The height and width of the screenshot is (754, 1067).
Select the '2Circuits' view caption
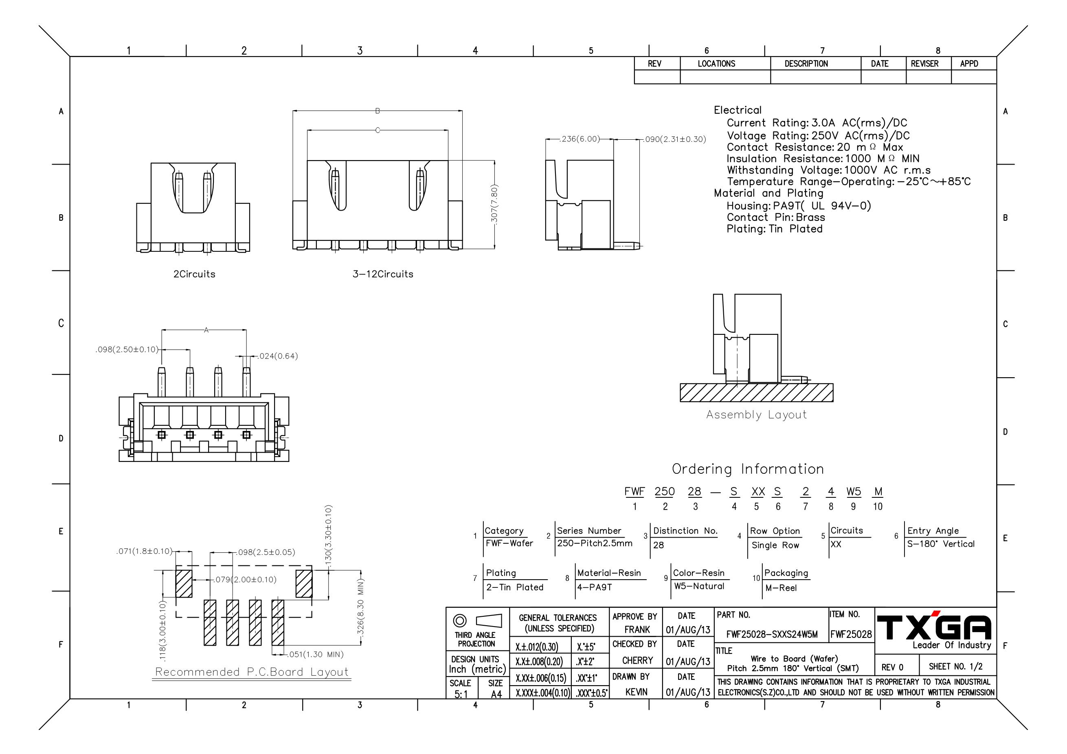(194, 274)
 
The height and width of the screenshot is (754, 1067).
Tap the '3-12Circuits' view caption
(382, 274)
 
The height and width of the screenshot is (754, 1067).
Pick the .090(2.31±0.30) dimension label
(675, 139)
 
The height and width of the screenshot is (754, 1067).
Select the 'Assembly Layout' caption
(756, 415)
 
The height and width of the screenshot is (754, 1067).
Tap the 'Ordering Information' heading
(748, 469)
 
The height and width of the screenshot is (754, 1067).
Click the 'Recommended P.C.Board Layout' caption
(251, 672)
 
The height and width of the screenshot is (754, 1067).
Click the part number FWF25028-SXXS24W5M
(772, 634)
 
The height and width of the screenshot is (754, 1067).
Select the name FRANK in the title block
(637, 629)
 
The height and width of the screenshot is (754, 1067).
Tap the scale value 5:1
(461, 694)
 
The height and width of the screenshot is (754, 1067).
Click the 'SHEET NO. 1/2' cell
(955, 666)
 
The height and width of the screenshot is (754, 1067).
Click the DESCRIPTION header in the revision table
(806, 64)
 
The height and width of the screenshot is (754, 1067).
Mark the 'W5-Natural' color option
(699, 586)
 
